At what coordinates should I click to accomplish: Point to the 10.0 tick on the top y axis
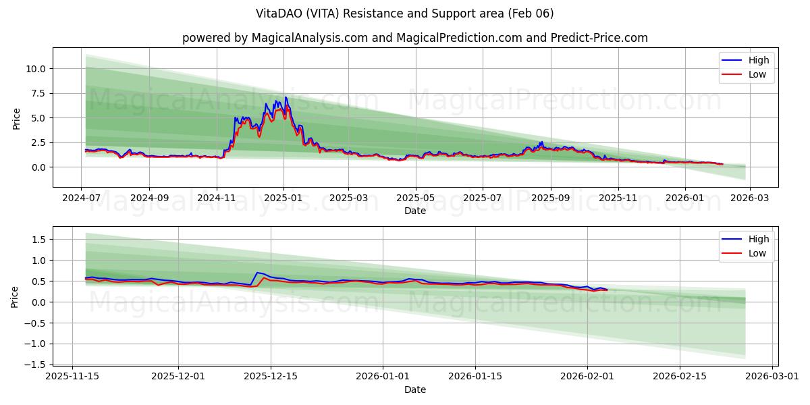pyautogui.click(x=35, y=68)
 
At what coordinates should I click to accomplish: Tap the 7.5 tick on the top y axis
pyautogui.click(x=38, y=93)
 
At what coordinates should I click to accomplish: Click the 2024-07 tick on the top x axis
pyautogui.click(x=82, y=198)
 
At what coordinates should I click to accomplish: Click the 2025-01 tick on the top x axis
pyautogui.click(x=283, y=198)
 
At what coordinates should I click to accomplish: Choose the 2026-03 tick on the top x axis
pyautogui.click(x=750, y=198)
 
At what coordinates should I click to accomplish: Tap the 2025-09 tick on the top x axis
pyautogui.click(x=551, y=198)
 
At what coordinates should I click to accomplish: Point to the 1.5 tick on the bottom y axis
pyautogui.click(x=38, y=240)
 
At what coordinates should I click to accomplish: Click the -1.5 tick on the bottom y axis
pyautogui.click(x=36, y=364)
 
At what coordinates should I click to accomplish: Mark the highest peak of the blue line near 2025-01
pyautogui.click(x=286, y=97)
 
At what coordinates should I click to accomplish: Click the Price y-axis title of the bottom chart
pyautogui.click(x=16, y=296)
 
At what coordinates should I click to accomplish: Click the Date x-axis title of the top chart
pyautogui.click(x=414, y=211)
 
